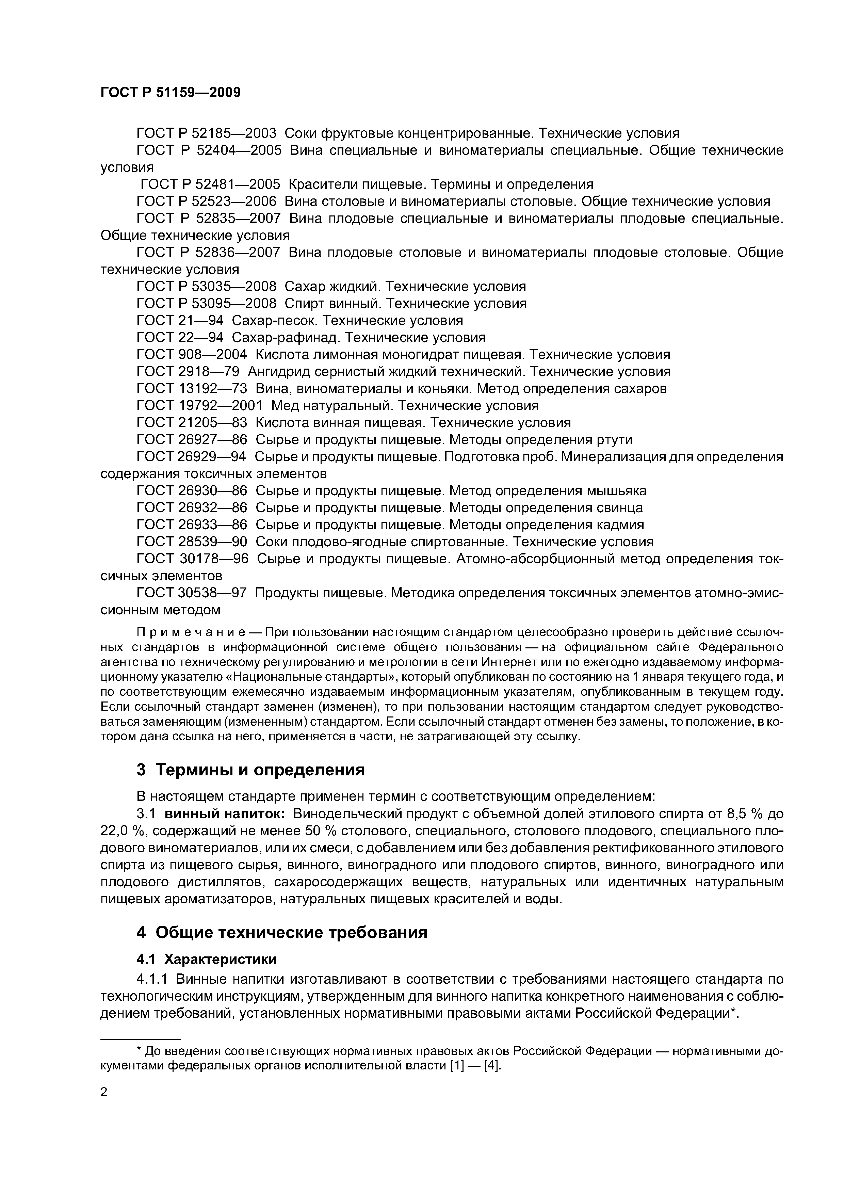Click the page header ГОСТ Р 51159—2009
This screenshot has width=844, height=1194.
point(170,93)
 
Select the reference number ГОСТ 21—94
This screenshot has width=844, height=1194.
point(180,320)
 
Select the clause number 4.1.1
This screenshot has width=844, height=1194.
point(152,979)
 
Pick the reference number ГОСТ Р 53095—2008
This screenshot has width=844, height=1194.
point(207,304)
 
